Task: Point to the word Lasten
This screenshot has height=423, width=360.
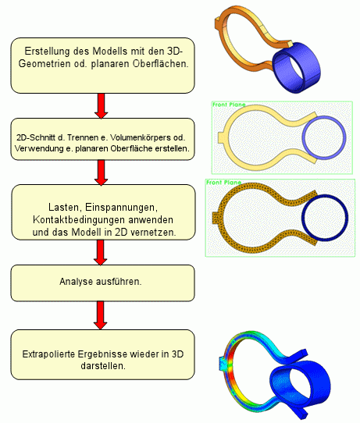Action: click(x=64, y=207)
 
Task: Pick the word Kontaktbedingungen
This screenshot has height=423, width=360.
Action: click(x=79, y=220)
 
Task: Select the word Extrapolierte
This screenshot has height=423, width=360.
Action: click(x=49, y=354)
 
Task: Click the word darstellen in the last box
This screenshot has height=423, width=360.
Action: click(x=103, y=366)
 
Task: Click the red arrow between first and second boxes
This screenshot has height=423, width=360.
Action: click(x=102, y=106)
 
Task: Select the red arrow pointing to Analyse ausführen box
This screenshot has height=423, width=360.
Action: click(x=101, y=253)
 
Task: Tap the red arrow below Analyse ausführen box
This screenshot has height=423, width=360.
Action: click(x=101, y=315)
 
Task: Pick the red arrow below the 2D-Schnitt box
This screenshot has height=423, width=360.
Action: click(x=102, y=172)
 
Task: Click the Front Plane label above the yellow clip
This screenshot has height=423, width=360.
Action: click(x=229, y=105)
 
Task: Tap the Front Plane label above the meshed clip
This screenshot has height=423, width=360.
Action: click(x=223, y=183)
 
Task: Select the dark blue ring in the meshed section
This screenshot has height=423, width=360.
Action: click(x=303, y=218)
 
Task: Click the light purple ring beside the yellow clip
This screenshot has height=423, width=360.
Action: click(x=303, y=137)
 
